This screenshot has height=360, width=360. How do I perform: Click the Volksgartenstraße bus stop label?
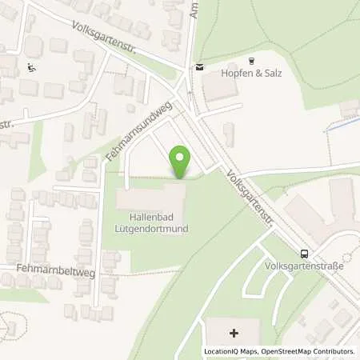pos(298,266)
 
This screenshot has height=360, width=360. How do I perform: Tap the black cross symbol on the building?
pos(233,332)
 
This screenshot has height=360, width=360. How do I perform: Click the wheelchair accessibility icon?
pos(30,67)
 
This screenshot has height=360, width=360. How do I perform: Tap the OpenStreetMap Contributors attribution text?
pos(307,351)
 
